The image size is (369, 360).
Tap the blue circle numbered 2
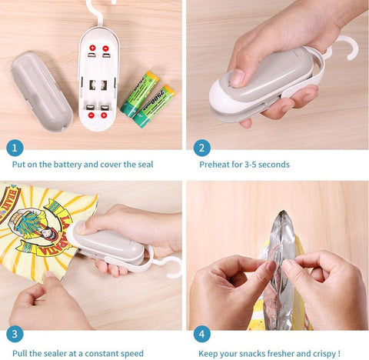point(201,148)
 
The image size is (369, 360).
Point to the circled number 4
point(201,334)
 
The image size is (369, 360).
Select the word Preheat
point(215,164)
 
